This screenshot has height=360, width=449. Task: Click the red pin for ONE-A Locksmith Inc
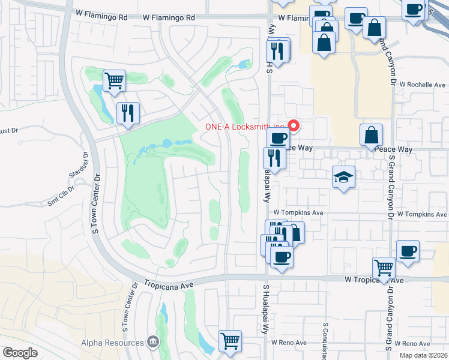pyautogui.click(x=294, y=125)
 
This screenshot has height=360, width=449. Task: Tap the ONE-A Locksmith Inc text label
pyautogui.click(x=244, y=127)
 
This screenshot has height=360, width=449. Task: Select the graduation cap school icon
pyautogui.click(x=343, y=177)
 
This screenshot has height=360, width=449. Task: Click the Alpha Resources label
pyautogui.click(x=112, y=343)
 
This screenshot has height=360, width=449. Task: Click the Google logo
pyautogui.click(x=20, y=353)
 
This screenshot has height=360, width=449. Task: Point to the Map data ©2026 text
pyautogui.click(x=423, y=355)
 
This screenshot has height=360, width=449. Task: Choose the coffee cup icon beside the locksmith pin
pyautogui.click(x=278, y=137)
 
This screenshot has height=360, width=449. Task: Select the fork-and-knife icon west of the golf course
pyautogui.click(x=128, y=113)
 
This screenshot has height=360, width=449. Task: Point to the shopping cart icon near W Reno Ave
pyautogui.click(x=230, y=340)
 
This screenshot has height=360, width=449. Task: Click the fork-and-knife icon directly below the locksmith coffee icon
pyautogui.click(x=274, y=158)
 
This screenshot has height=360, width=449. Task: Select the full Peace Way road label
pyautogui.click(x=393, y=149)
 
